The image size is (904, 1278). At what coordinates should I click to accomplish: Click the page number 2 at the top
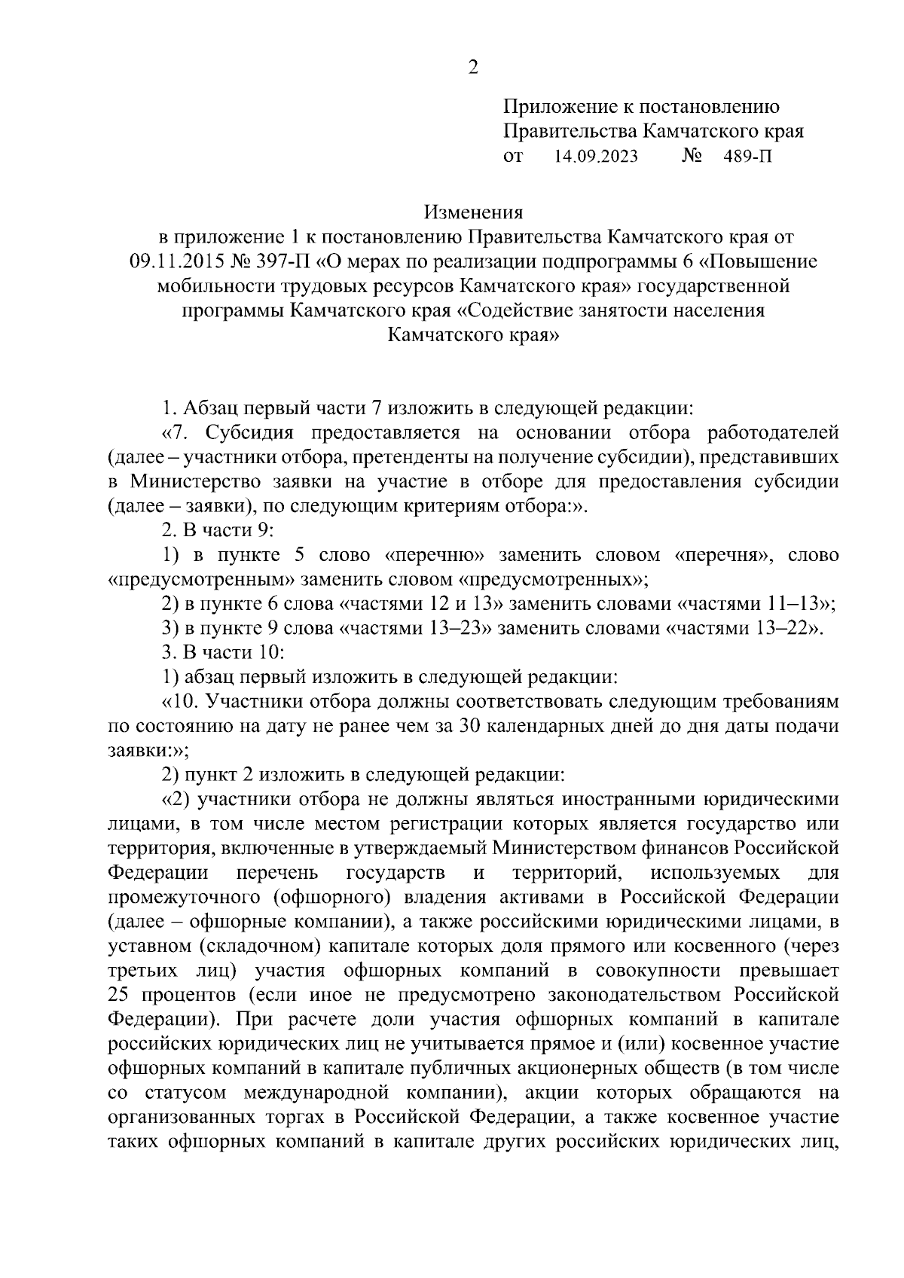click(x=472, y=68)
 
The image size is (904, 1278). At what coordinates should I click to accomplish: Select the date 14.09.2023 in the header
click(x=596, y=156)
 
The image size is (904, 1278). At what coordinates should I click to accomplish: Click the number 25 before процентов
click(x=119, y=994)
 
